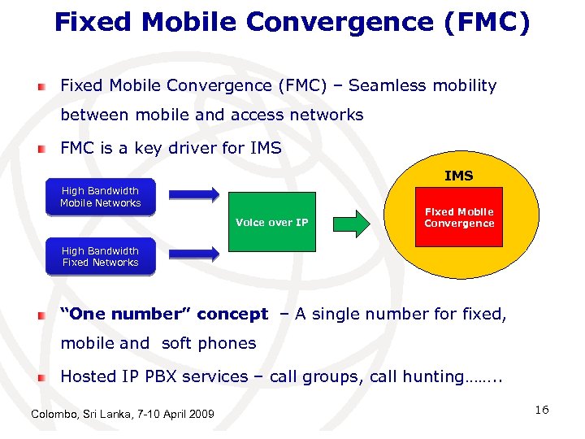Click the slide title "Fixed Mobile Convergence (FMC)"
(x=292, y=21)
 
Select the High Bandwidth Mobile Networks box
(x=100, y=198)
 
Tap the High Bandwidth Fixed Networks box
(x=100, y=257)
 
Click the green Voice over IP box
(x=271, y=222)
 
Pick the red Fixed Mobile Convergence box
(x=459, y=218)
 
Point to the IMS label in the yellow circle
(x=459, y=176)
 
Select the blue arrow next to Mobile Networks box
(x=193, y=194)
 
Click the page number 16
(x=542, y=410)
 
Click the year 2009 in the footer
(x=200, y=415)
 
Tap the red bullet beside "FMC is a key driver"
(x=41, y=149)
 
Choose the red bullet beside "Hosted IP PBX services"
(x=41, y=377)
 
